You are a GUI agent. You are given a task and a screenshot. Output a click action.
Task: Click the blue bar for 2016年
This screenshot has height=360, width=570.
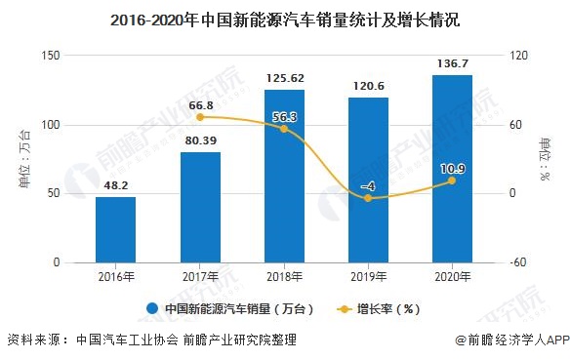(115, 230)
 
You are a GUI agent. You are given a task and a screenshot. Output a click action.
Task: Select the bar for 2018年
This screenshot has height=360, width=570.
(284, 177)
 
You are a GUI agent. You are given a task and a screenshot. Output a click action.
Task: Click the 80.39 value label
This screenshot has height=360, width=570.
(200, 141)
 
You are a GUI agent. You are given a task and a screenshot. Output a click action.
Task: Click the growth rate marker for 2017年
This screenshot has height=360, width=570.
(200, 117)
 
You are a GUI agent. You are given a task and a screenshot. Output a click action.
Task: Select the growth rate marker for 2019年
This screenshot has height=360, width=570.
(368, 198)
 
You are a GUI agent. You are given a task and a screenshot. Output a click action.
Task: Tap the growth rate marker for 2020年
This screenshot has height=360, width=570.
(452, 180)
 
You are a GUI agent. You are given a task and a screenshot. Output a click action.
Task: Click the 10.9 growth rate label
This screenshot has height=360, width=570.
(452, 169)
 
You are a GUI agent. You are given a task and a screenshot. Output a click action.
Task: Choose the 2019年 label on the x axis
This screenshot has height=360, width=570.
(368, 276)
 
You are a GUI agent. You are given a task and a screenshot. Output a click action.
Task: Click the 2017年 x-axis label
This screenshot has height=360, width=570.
(200, 276)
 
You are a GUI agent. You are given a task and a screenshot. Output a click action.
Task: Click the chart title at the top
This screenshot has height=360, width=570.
(284, 20)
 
